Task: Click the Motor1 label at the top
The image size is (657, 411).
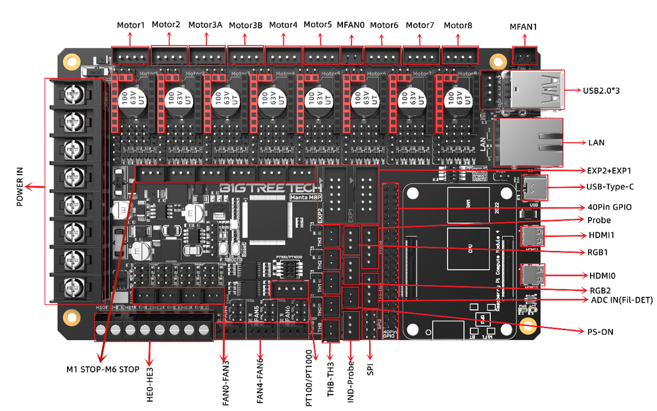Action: tap(131, 26)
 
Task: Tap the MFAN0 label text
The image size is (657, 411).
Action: tap(350, 25)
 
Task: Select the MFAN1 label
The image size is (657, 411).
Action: tap(523, 27)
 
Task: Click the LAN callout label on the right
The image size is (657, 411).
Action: tap(597, 142)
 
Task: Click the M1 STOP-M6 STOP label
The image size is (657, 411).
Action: tap(102, 369)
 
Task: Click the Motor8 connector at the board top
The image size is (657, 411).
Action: tap(459, 56)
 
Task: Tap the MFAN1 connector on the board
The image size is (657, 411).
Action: tap(524, 56)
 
